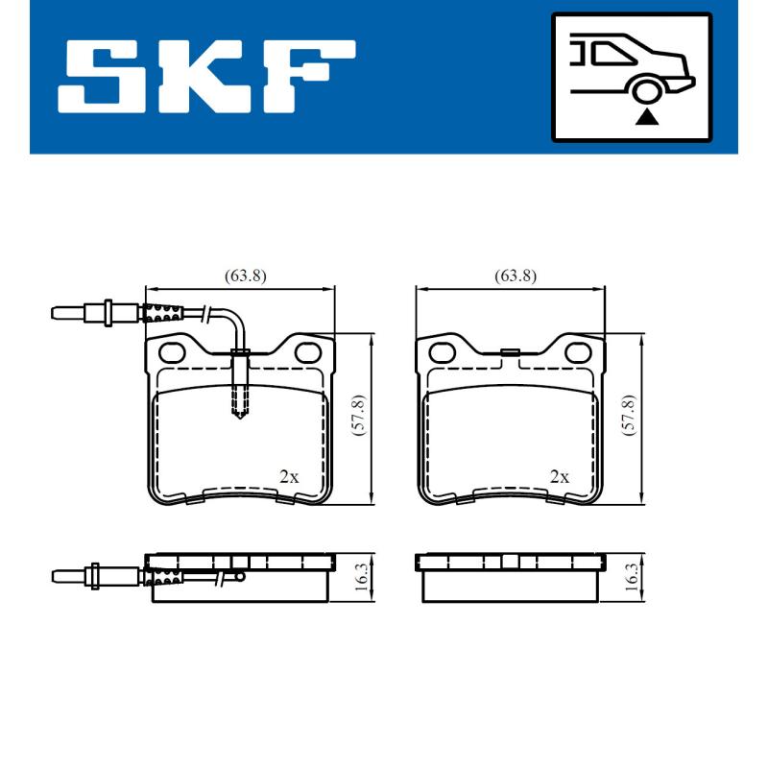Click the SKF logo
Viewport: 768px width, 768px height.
point(206,76)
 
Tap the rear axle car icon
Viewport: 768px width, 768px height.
point(631,76)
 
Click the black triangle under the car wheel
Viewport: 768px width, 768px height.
point(648,117)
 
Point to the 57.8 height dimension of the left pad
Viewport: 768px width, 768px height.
point(358,417)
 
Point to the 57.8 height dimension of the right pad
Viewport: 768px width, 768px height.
point(629,417)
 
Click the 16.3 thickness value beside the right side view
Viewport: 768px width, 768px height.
point(631,578)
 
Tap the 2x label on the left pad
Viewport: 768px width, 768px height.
point(288,476)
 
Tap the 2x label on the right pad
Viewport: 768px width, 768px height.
point(559,476)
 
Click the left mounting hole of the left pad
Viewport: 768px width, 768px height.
point(173,352)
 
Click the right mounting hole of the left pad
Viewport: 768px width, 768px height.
point(308,352)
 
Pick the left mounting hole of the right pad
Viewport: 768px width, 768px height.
point(444,352)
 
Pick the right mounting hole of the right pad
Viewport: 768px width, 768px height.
point(579,352)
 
